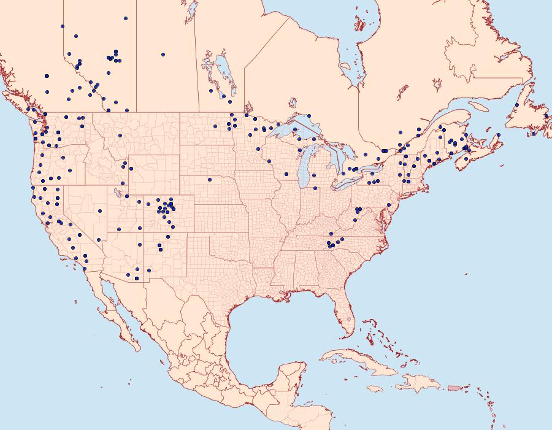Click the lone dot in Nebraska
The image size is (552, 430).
tap(210, 180)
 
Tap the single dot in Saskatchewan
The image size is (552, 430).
tap(164, 54)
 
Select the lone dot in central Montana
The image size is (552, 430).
tap(120, 136)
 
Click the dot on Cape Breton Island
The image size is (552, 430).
tap(499, 134)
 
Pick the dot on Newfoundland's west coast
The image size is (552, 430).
tap(517, 105)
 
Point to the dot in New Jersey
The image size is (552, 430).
tap(389, 204)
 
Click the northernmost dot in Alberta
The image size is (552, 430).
tap(125, 18)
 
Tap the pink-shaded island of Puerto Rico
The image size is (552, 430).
tap(454, 387)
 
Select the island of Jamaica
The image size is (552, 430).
tap(377, 389)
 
